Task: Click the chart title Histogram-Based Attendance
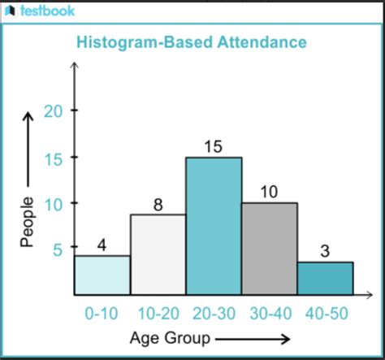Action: pos(191,41)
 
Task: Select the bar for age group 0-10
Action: pos(102,275)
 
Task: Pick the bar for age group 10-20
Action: pos(158,254)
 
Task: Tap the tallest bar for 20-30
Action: pos(213,225)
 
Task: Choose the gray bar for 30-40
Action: pos(269,248)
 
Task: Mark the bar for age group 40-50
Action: pos(325,278)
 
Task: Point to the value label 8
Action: pos(158,203)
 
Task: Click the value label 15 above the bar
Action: pos(213,146)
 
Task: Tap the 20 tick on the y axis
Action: pos(53,111)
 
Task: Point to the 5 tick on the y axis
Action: pos(58,249)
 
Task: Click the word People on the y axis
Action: pos(27,221)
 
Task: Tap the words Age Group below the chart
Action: pos(167,337)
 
